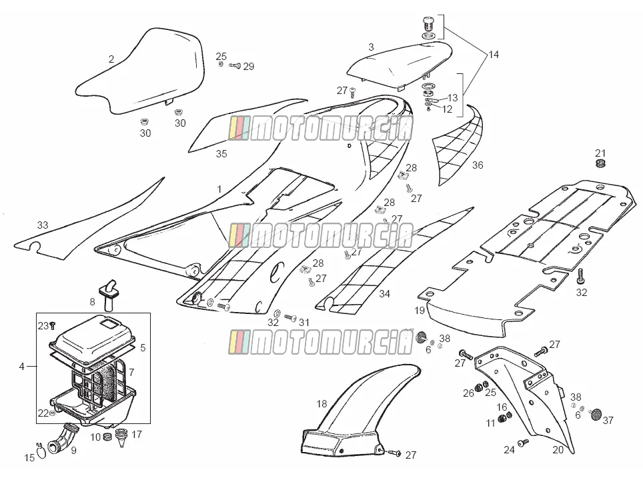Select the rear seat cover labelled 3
(x=398, y=63)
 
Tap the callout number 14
(x=494, y=55)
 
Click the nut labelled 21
(x=601, y=164)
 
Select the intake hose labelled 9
(x=62, y=438)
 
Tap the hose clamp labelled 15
(x=41, y=451)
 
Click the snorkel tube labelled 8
(x=109, y=294)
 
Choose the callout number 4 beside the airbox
(x=22, y=367)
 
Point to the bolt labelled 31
(x=290, y=317)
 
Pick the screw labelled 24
(x=523, y=443)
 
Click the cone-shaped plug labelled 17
(x=121, y=437)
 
